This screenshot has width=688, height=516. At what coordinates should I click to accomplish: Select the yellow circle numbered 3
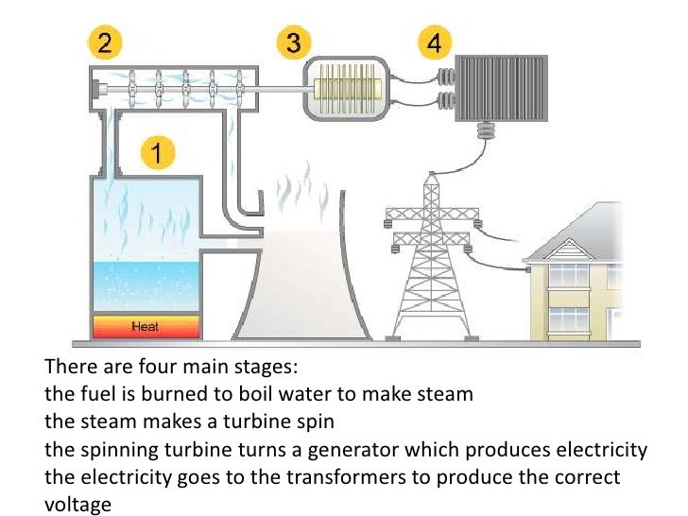[x=294, y=43]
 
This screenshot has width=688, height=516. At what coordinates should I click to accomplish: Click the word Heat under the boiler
[x=145, y=327]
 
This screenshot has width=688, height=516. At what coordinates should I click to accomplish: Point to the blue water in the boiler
[x=145, y=283]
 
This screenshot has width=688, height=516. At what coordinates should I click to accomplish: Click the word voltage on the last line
[x=77, y=504]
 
